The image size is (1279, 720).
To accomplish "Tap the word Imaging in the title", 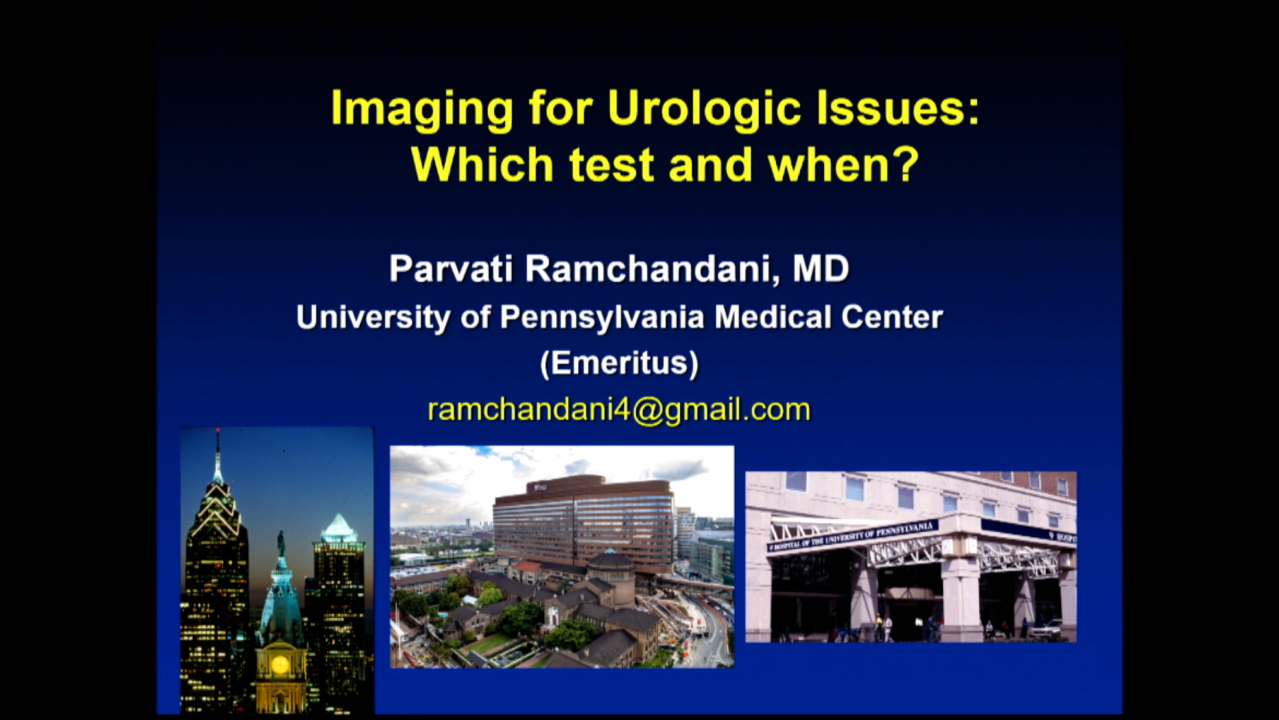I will pos(422,109).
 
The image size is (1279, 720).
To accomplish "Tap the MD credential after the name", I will pos(821,269).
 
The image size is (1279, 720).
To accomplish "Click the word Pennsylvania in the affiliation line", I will pos(602,317).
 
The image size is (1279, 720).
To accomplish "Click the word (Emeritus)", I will pos(620,363).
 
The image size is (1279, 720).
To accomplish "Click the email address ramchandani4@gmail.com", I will pos(619,409).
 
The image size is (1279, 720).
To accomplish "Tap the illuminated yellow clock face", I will pos(280,664).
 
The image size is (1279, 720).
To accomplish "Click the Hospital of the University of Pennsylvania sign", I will pos(853,536).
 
